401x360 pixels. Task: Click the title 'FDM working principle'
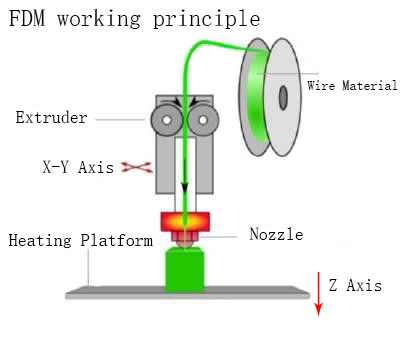click(x=133, y=19)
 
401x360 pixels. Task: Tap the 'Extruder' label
click(x=52, y=118)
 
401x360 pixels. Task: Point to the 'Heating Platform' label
click(x=80, y=241)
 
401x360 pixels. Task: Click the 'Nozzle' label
click(x=275, y=235)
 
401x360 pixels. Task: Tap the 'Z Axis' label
click(x=355, y=286)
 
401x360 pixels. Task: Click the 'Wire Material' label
click(x=351, y=86)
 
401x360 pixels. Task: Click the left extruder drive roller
click(x=162, y=121)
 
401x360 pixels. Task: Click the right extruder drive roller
click(x=203, y=121)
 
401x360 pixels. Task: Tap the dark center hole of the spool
click(x=283, y=97)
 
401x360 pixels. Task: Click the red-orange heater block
click(x=183, y=220)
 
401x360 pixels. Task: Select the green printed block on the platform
click(x=184, y=269)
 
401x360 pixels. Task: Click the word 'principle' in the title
click(x=214, y=19)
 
